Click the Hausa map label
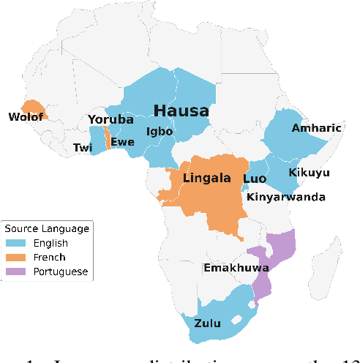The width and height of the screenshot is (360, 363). (181, 111)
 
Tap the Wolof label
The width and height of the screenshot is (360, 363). (24, 117)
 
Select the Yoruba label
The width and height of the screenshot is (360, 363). (110, 119)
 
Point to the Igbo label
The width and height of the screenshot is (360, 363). (160, 132)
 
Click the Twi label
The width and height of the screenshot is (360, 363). (83, 148)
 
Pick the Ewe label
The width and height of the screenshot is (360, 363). (122, 142)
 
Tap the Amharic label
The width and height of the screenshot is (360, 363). (316, 128)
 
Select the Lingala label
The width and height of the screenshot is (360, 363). (207, 178)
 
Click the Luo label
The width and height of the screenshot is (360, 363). (254, 179)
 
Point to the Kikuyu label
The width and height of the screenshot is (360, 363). (309, 173)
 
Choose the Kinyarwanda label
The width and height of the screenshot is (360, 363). (285, 197)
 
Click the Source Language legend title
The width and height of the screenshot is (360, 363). (47, 228)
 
